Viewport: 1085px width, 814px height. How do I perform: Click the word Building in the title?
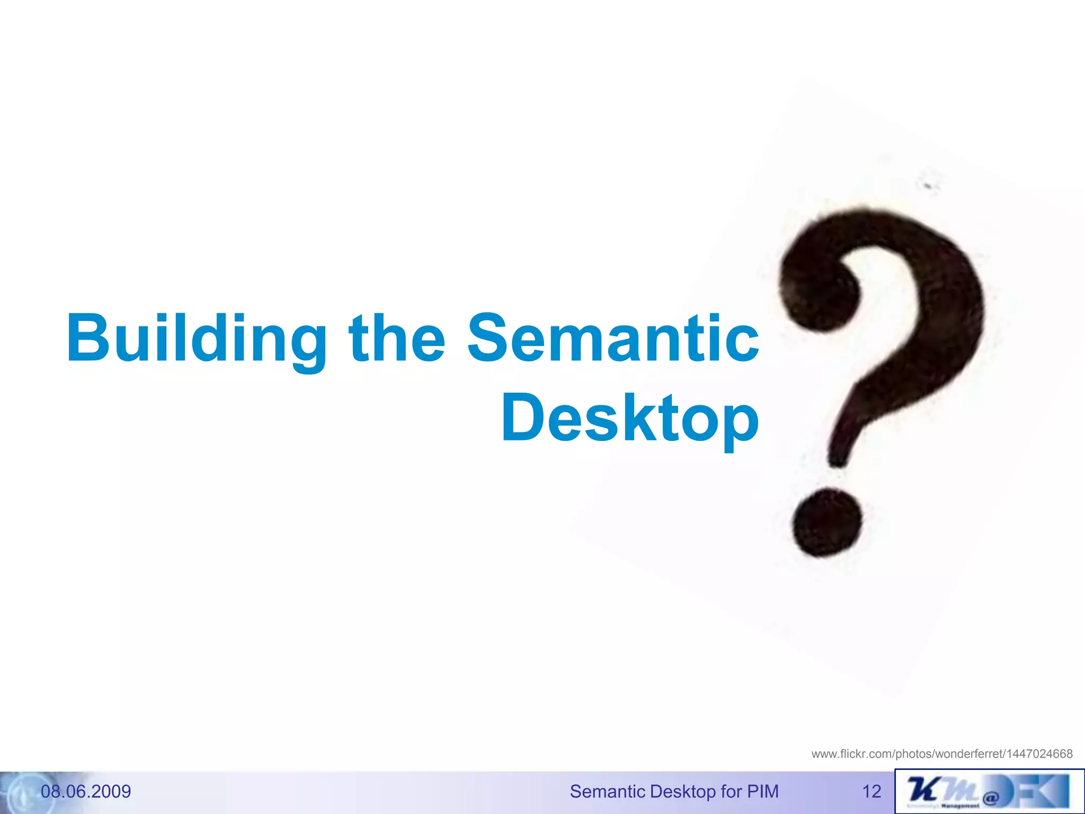196,339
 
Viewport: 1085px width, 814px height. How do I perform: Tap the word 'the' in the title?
397,339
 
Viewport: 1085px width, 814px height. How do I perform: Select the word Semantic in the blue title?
613,339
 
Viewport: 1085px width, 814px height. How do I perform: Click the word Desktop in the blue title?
630,419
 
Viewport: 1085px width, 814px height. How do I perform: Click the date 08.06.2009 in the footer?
86,791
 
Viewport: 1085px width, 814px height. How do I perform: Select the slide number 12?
871,791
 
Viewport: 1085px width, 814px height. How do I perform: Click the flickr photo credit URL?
942,754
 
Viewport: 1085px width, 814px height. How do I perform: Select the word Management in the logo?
960,806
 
